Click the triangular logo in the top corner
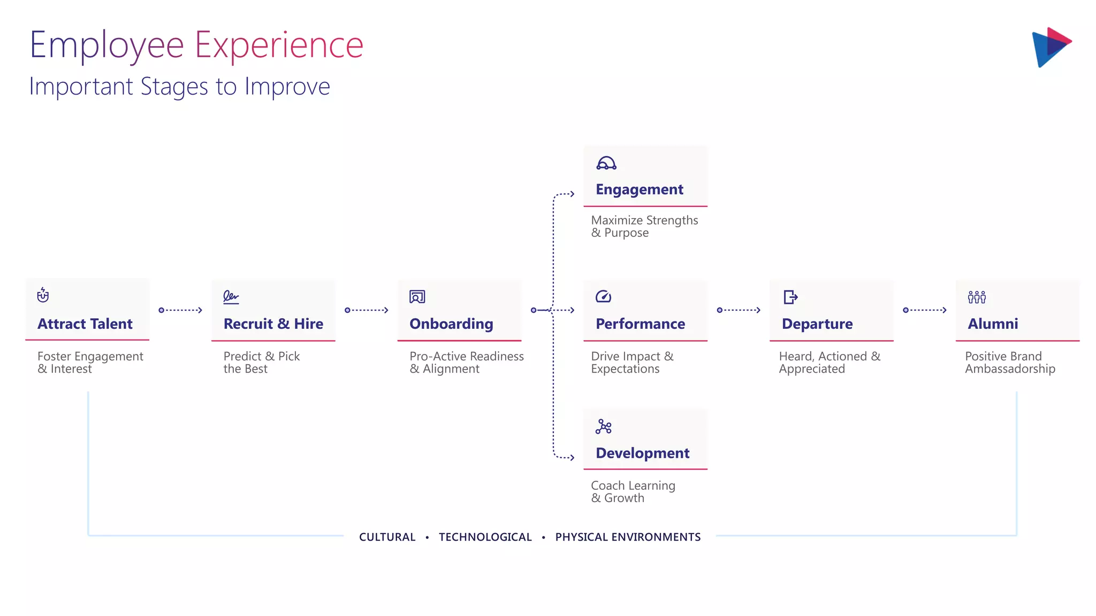point(1051,47)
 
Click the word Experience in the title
point(279,45)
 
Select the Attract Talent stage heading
point(85,324)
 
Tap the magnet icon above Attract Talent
point(43,295)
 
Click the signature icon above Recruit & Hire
point(231,297)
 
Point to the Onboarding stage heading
point(451,324)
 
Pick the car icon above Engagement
point(606,163)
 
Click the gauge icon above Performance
point(603,296)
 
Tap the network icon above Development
point(603,426)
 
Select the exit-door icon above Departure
point(790,297)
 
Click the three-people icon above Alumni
point(977,297)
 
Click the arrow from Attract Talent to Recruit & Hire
point(181,310)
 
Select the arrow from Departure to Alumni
point(925,310)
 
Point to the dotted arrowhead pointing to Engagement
point(572,194)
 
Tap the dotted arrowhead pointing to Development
point(572,457)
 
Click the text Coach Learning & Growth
point(633,491)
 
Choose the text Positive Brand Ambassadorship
point(1010,363)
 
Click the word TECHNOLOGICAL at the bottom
point(485,537)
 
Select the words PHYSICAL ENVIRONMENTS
point(628,537)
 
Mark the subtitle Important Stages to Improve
point(179,87)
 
